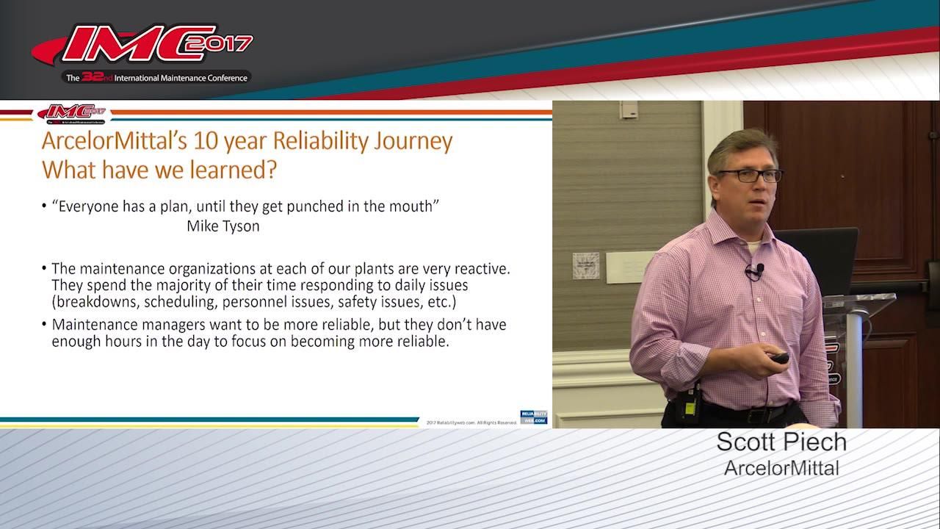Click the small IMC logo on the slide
72,113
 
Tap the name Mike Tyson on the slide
223,226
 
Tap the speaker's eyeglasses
750,176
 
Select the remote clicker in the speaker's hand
778,358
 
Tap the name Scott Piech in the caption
781,442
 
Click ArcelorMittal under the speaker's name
781,467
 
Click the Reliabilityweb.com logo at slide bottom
534,417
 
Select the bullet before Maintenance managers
45,324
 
